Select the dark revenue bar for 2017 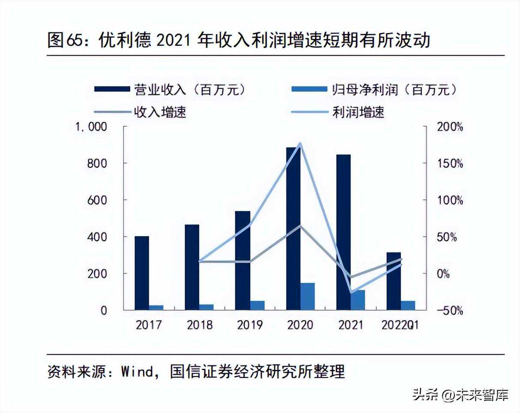pos(142,273)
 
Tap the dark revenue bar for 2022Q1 pos(394,281)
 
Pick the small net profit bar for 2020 pos(308,296)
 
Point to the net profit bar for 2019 pos(257,305)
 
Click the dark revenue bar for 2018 pos(192,267)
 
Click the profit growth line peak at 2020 pos(300,144)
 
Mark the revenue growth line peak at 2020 pos(300,226)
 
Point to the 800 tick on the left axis pos(98,163)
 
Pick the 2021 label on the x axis pos(351,325)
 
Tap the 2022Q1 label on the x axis pos(400,325)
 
